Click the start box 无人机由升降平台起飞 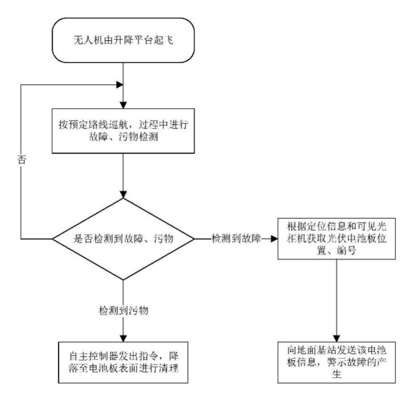coord(123,41)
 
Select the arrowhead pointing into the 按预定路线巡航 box coord(123,105)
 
